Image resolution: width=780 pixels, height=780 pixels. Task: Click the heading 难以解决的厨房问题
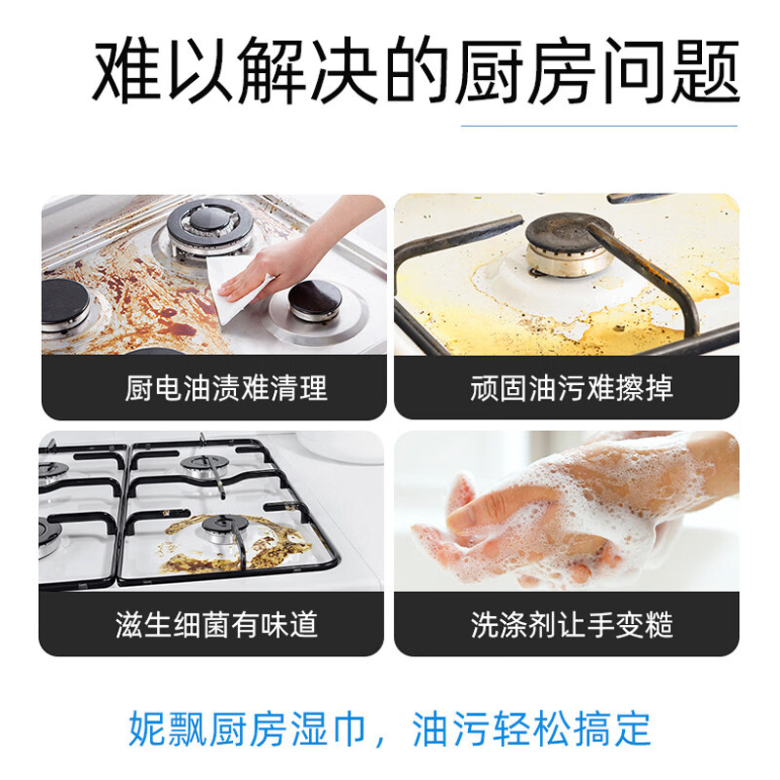[x=416, y=73]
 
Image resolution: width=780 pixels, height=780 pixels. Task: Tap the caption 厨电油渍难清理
[x=226, y=388]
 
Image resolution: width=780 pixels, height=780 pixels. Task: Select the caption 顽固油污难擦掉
[x=571, y=388]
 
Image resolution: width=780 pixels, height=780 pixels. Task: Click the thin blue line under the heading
[x=599, y=126]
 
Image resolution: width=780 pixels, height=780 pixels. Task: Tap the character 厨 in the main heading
[x=484, y=73]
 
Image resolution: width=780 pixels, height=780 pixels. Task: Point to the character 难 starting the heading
[x=126, y=73]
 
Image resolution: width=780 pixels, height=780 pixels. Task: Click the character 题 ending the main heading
[x=705, y=73]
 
